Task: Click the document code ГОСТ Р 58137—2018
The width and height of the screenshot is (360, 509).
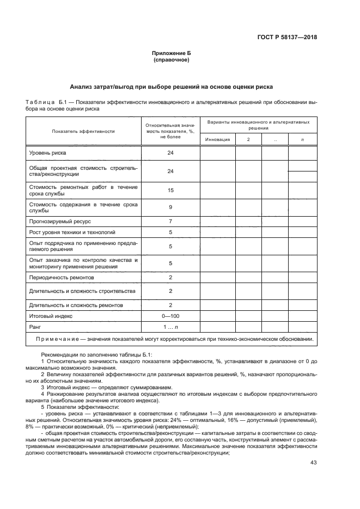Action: (288, 38)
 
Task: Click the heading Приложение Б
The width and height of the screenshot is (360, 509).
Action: (171, 53)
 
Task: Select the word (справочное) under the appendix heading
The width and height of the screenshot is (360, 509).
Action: (171, 60)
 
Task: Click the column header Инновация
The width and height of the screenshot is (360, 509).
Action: (217, 139)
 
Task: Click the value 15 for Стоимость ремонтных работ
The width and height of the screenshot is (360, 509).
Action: (170, 191)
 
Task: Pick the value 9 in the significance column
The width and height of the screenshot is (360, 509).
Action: (170, 207)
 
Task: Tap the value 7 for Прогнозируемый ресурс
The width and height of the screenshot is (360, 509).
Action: (170, 222)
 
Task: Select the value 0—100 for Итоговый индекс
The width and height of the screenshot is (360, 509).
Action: (170, 315)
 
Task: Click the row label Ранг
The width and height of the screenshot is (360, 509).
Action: (35, 327)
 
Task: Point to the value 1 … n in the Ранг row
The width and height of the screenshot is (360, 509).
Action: (170, 327)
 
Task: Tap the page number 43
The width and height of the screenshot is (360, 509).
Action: (313, 463)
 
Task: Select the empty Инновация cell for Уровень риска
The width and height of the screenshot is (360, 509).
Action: (217, 154)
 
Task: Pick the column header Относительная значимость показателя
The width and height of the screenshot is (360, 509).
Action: (170, 131)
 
